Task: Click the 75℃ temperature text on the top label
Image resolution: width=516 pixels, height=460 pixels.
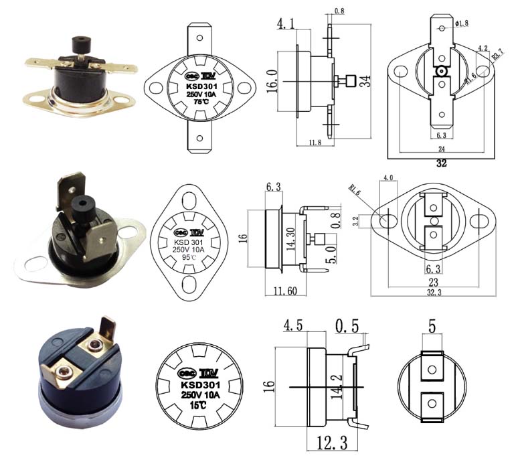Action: point(199,102)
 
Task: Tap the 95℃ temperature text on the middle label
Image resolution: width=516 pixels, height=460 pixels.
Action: point(189,257)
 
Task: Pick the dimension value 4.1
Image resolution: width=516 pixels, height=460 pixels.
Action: point(286,25)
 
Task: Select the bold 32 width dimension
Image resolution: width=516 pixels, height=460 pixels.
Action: point(441,163)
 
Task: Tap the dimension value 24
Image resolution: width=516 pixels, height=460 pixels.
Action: point(441,148)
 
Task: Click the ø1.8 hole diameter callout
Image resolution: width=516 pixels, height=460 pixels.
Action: point(462,23)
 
